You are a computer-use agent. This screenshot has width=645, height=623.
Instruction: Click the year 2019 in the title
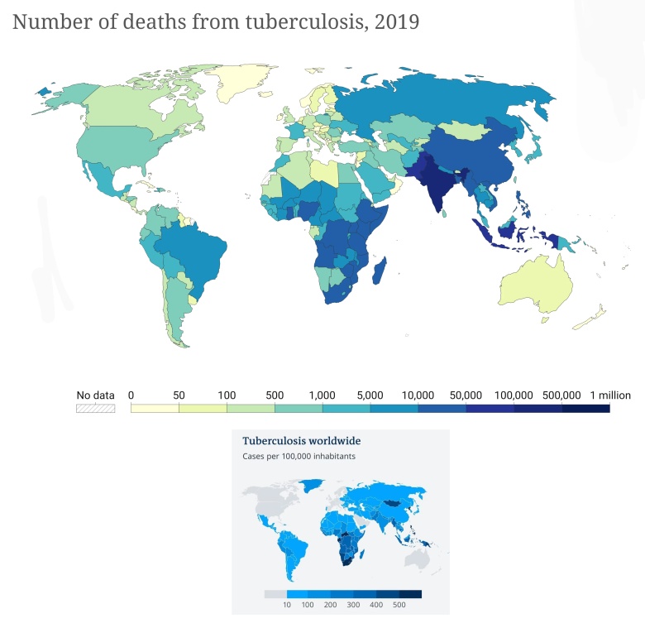coord(397,22)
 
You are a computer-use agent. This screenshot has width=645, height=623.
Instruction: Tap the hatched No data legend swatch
coord(95,409)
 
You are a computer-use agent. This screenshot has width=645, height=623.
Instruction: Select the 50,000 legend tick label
coord(466,395)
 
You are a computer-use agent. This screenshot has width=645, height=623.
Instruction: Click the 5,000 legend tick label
coord(370,395)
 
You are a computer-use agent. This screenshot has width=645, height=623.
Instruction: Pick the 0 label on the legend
coord(131,395)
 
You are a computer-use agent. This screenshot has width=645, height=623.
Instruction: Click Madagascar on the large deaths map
coord(381,273)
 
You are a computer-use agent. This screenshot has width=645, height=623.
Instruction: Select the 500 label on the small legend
coord(400,606)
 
